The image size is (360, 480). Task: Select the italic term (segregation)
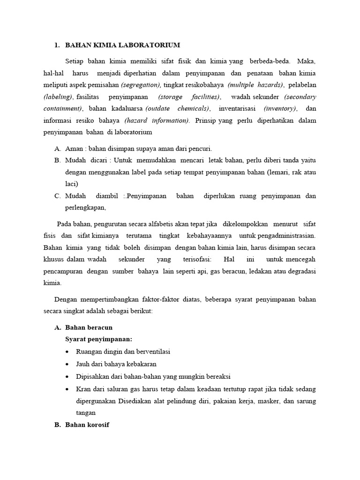pyautogui.click(x=141, y=85)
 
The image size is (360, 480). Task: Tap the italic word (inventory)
pyautogui.click(x=280, y=108)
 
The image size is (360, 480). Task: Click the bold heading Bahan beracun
pyautogui.click(x=89, y=327)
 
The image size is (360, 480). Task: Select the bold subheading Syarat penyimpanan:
pyautogui.click(x=99, y=339)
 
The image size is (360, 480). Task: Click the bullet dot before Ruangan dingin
pyautogui.click(x=68, y=352)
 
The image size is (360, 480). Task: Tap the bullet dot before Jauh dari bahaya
pyautogui.click(x=68, y=364)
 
